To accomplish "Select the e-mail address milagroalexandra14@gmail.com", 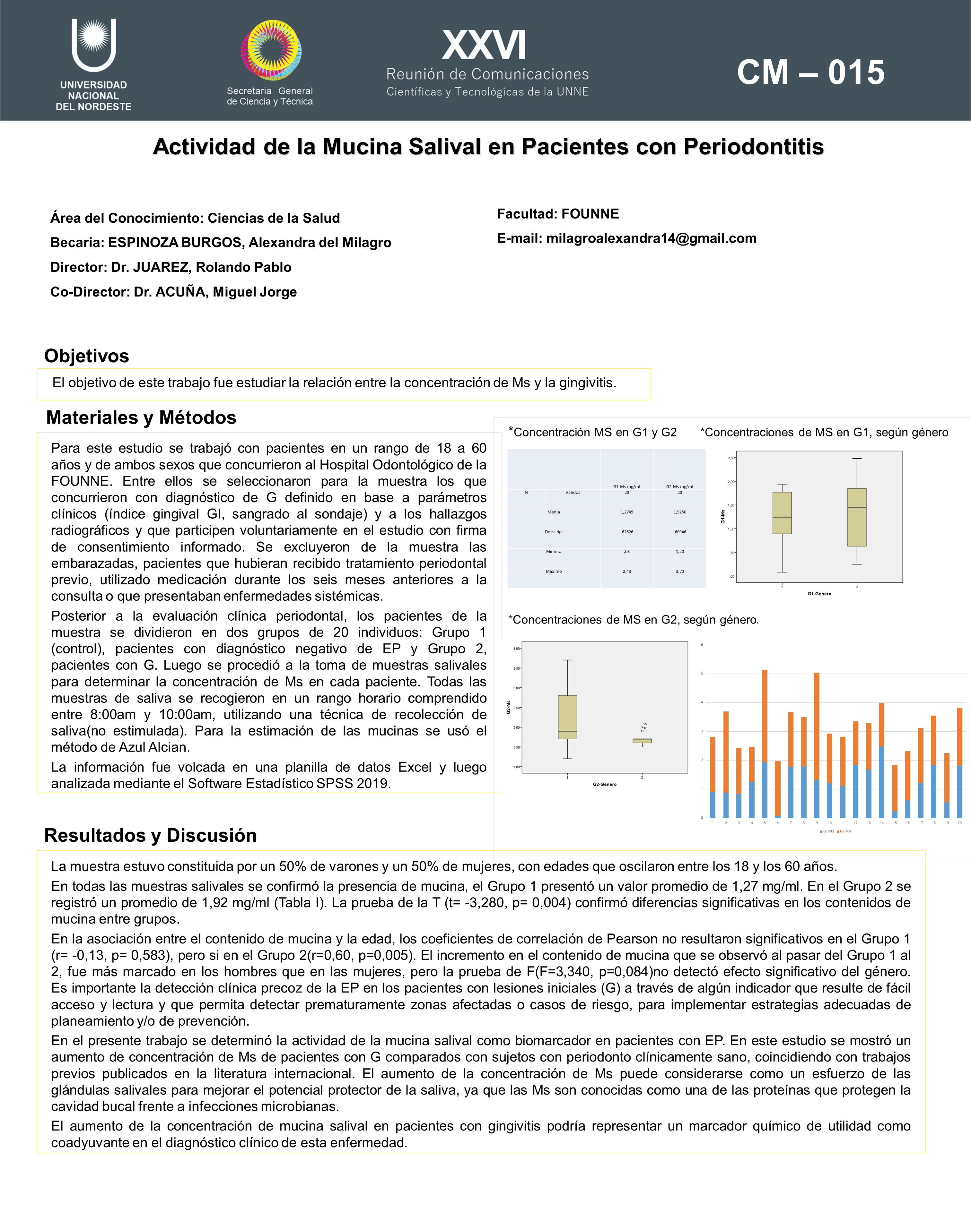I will click(x=651, y=238).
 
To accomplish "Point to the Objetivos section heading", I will click(x=87, y=356).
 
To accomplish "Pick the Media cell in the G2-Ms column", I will click(x=679, y=512).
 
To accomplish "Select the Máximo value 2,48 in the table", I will click(x=626, y=571).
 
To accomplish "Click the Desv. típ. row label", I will click(x=553, y=532).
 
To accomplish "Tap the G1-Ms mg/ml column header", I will click(x=626, y=487).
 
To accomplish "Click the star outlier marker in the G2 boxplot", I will click(x=642, y=727).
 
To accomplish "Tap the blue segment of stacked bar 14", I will click(x=881, y=782).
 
